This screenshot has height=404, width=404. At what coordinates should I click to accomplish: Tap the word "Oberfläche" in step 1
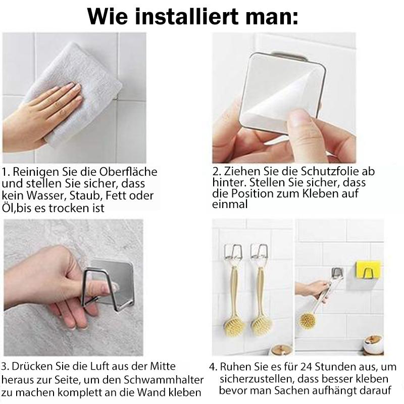(128, 172)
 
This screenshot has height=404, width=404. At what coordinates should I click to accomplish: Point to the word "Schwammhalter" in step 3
(164, 380)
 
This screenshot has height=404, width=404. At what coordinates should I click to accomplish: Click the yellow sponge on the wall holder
(368, 270)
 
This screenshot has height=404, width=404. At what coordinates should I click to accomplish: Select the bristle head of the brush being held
(308, 320)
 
